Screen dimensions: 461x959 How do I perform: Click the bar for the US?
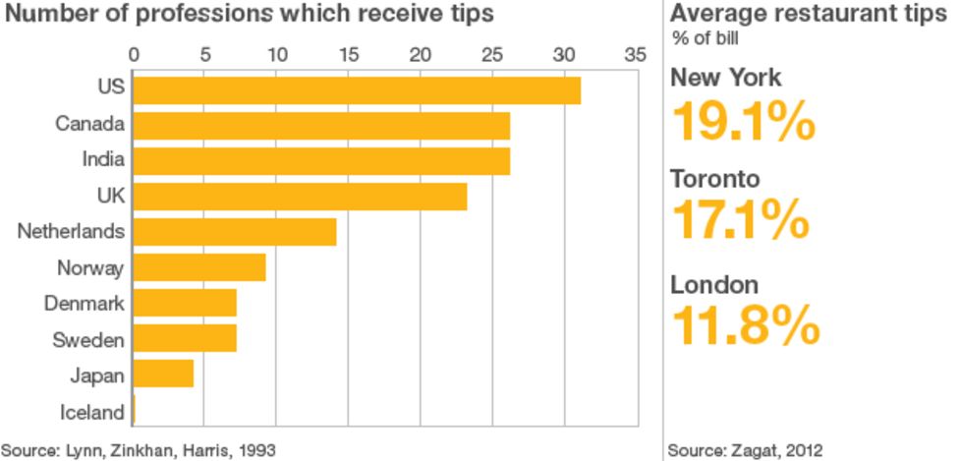(x=356, y=89)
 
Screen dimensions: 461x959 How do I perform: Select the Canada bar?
(x=320, y=125)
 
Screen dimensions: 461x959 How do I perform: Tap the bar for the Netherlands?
(x=234, y=232)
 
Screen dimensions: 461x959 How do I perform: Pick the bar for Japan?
(x=162, y=375)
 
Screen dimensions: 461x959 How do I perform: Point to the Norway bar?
(x=198, y=267)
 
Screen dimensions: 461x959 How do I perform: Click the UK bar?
(x=299, y=196)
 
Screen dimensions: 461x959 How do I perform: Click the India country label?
(x=102, y=160)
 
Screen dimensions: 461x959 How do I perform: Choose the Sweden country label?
(x=87, y=340)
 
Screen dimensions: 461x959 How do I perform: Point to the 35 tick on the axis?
(x=635, y=54)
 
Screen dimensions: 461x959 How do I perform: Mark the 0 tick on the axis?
(x=134, y=54)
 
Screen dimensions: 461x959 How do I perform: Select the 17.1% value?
(x=739, y=221)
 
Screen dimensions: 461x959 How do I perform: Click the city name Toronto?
(x=714, y=180)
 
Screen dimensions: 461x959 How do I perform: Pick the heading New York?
(x=726, y=78)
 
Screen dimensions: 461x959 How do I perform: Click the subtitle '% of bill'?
(x=705, y=38)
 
